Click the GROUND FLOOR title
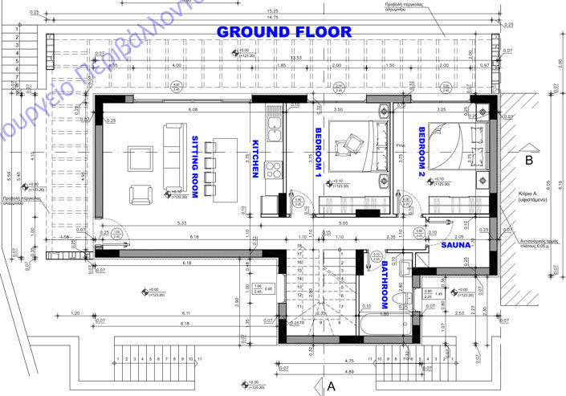(284, 32)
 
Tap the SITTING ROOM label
(195, 165)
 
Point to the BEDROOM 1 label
(318, 152)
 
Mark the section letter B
(528, 160)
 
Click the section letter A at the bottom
(330, 386)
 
